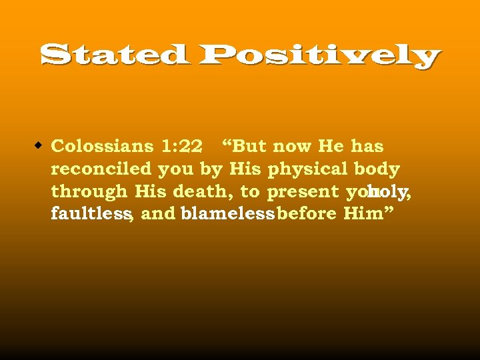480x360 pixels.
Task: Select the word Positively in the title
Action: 317,56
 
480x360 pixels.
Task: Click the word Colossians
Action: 102,146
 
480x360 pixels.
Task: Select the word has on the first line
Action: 367,146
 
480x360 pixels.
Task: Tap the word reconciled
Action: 101,169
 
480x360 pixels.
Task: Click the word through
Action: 89,192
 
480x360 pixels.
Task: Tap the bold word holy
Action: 387,192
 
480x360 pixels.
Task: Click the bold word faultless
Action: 90,214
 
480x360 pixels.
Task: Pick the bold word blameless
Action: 227,214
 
